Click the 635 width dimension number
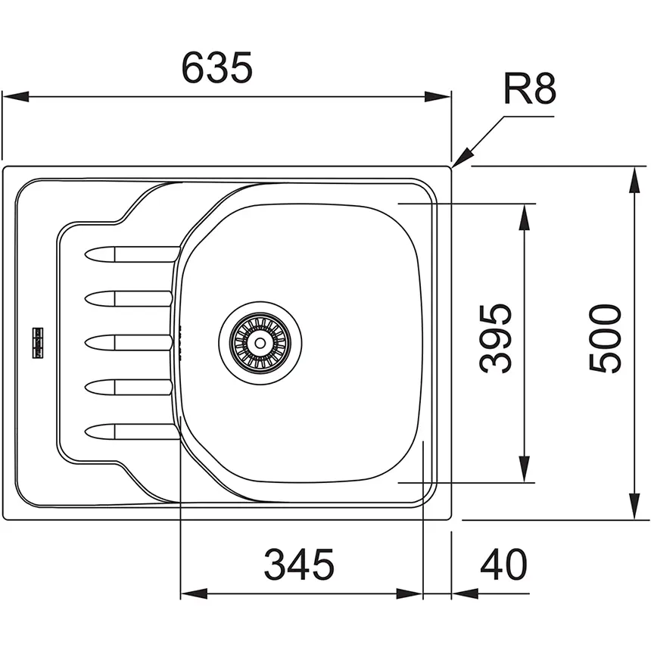coord(217,67)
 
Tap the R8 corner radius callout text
coord(529,89)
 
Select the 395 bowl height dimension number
coord(496,338)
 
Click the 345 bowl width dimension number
coord(299,564)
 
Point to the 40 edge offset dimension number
coord(503,564)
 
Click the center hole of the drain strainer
coord(260,343)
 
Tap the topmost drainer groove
coord(132,254)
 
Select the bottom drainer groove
coord(132,431)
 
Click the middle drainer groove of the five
coord(128,343)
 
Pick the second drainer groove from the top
coord(128,298)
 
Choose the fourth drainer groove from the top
coord(128,388)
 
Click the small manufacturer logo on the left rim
coord(38,343)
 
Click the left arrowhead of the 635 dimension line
coord(16,97)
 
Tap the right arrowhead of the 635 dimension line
coord(438,97)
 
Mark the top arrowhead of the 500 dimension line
coord(634,179)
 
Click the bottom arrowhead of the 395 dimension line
coord(525,469)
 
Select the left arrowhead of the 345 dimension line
coord(194,593)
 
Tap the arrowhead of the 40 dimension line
coord(465,593)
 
